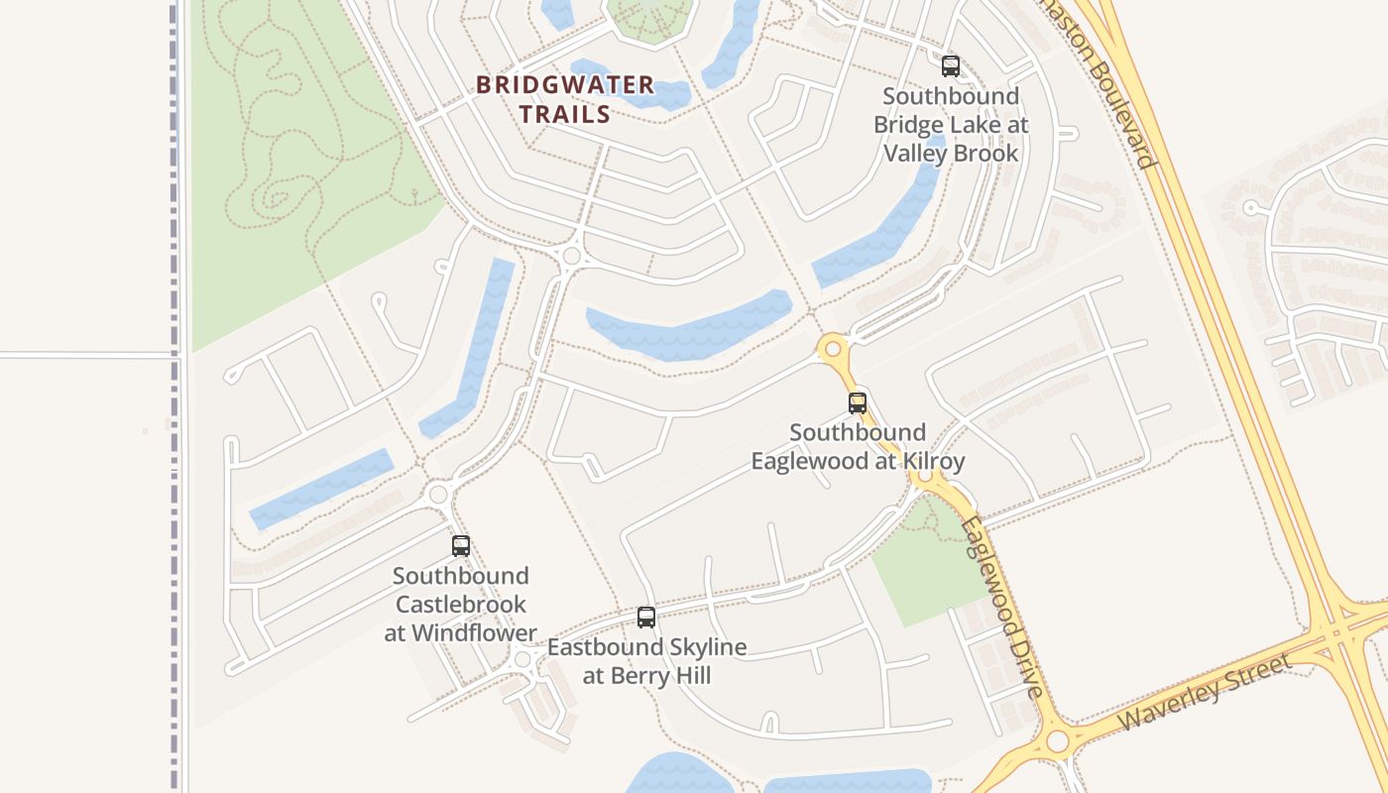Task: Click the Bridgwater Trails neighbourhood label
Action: coord(565,99)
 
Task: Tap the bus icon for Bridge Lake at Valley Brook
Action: coord(951,66)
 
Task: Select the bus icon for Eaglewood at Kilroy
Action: coord(858,403)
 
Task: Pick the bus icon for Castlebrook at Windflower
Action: coord(461,545)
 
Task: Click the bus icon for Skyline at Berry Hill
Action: coord(646,618)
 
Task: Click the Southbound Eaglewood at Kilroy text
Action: coord(858,447)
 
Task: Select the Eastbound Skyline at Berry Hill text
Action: coord(646,661)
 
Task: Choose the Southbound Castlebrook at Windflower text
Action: coord(461,604)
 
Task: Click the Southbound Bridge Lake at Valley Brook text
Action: coord(951,125)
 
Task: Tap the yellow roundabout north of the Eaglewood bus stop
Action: coord(833,348)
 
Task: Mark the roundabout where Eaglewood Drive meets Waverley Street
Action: coord(1058,740)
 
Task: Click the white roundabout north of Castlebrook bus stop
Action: coord(438,494)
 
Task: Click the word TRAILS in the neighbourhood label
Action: coord(565,114)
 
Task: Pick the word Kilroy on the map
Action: coord(933,462)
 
